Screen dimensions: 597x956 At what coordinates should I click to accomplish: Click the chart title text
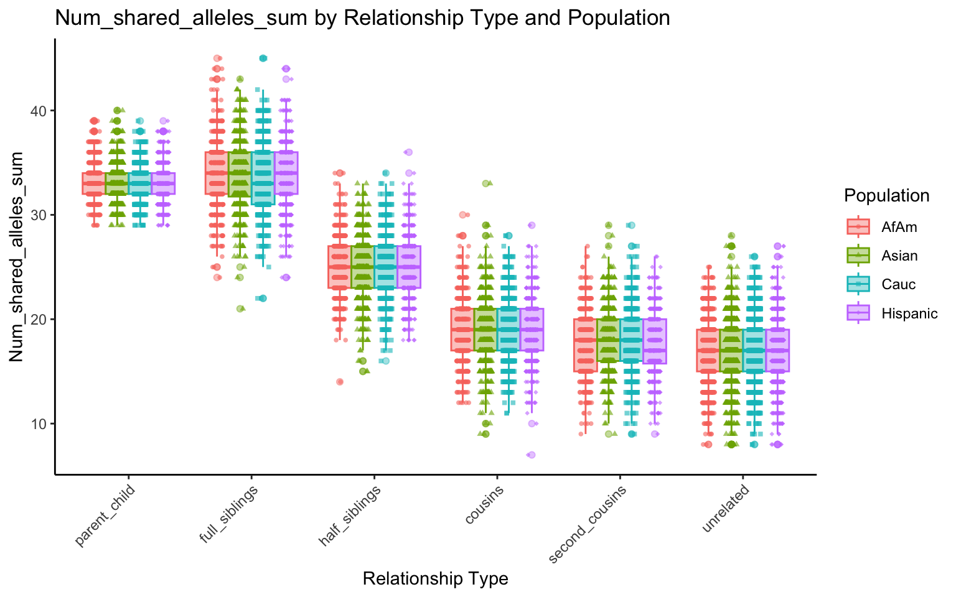pos(362,18)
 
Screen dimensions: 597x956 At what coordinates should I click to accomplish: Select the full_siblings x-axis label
pos(229,516)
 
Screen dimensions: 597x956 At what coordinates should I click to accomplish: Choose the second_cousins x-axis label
pos(588,525)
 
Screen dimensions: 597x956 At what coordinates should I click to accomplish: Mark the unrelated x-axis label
pos(726,510)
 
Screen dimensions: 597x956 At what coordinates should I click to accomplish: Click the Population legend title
pos(886,196)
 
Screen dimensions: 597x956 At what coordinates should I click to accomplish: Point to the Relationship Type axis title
pos(435,579)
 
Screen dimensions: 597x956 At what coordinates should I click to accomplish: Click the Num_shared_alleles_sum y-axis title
pos(17,257)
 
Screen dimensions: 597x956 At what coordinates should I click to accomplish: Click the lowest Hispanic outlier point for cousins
pos(531,455)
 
